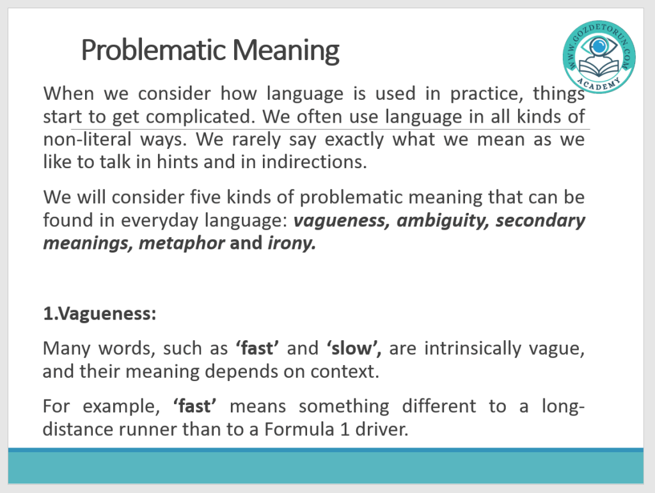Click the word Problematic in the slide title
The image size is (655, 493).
tap(154, 50)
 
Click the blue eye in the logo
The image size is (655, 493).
tap(599, 45)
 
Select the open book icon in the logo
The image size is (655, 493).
tap(599, 67)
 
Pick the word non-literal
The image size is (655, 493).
tap(87, 139)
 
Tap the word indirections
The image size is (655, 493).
tap(314, 162)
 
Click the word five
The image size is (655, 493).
tap(205, 196)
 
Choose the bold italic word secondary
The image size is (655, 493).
tap(540, 221)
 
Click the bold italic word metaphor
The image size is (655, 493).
tap(182, 244)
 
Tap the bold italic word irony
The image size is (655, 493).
tap(292, 244)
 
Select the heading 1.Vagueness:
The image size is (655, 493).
tap(100, 313)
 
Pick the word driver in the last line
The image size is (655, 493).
tap(382, 429)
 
